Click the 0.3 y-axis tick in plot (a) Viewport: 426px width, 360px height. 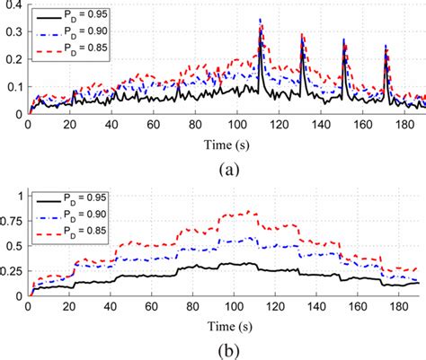(14, 31)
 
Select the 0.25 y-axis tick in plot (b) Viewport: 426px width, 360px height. (12, 270)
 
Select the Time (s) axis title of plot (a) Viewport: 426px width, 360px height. (227, 142)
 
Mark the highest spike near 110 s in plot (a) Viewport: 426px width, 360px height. (260, 19)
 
